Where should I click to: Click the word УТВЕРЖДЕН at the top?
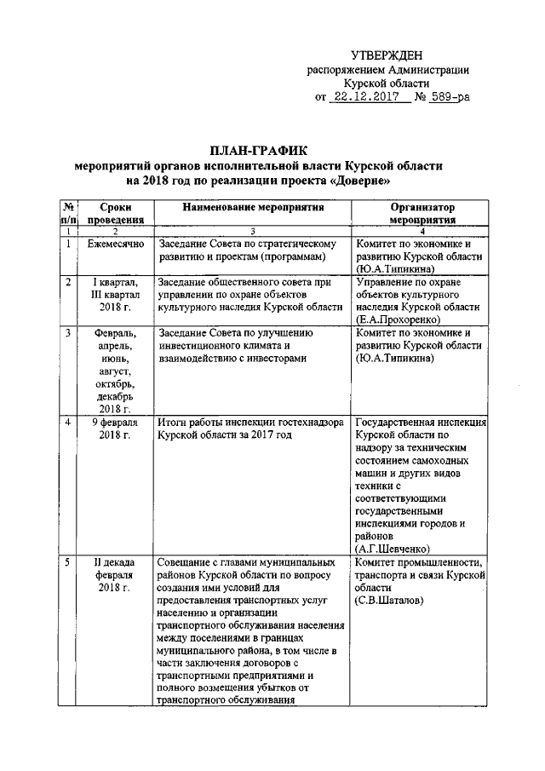point(387,55)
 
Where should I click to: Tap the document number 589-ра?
point(447,99)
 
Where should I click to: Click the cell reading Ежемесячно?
point(115,245)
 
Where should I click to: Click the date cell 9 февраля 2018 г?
point(115,429)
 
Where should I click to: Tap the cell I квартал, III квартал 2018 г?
point(115,293)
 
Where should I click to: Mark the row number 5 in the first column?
point(68,562)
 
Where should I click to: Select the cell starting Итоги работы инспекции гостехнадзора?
point(254,429)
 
